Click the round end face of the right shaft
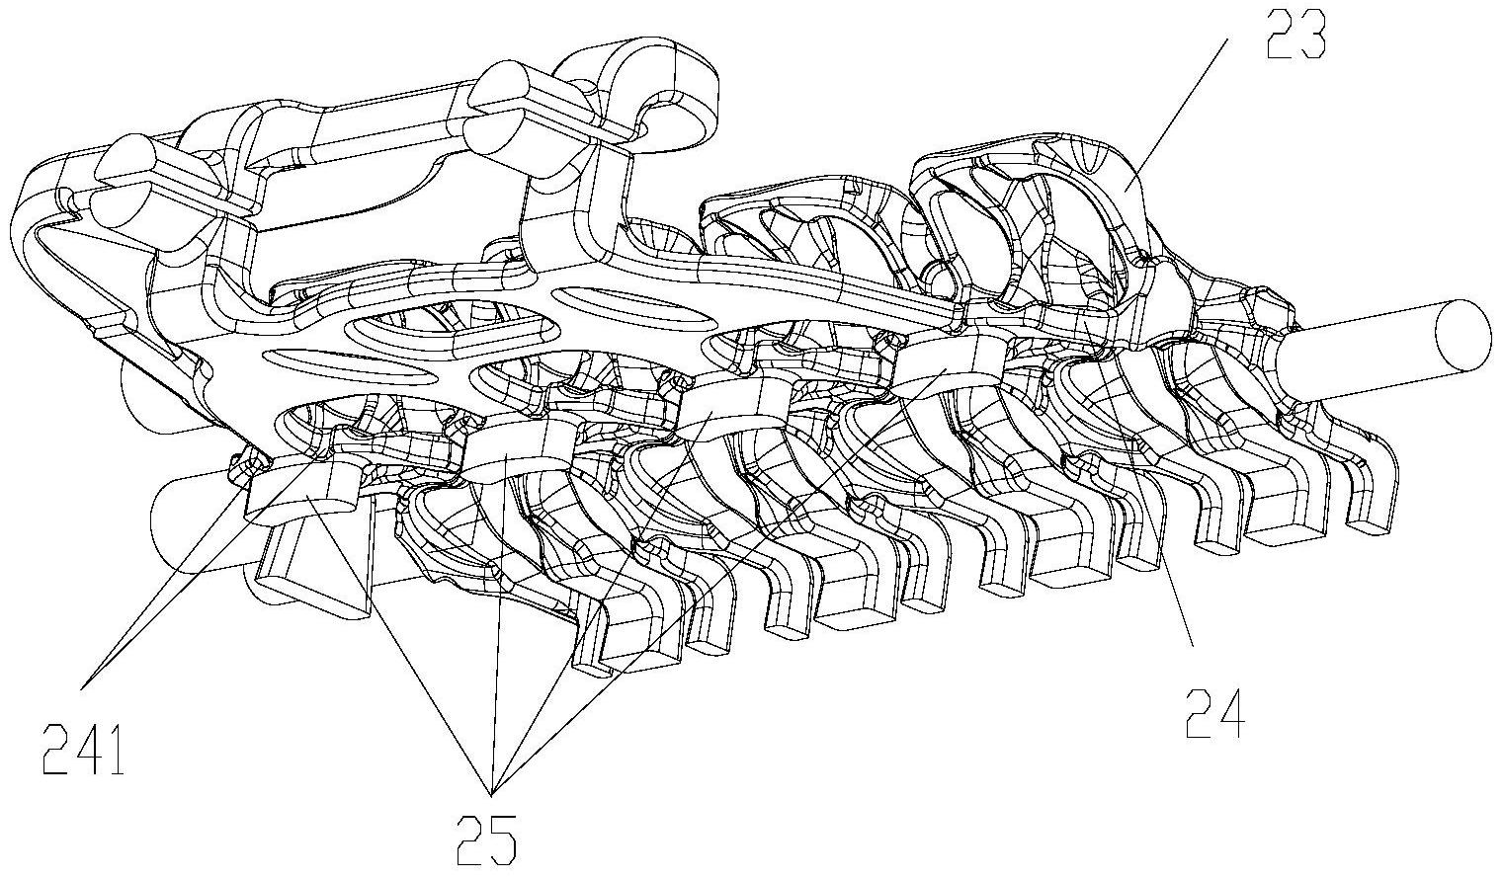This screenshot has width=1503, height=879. tap(1461, 333)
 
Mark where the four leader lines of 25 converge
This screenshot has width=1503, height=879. tap(491, 793)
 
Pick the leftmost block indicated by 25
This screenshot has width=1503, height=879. tap(306, 490)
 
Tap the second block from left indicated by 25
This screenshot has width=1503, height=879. tap(508, 451)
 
